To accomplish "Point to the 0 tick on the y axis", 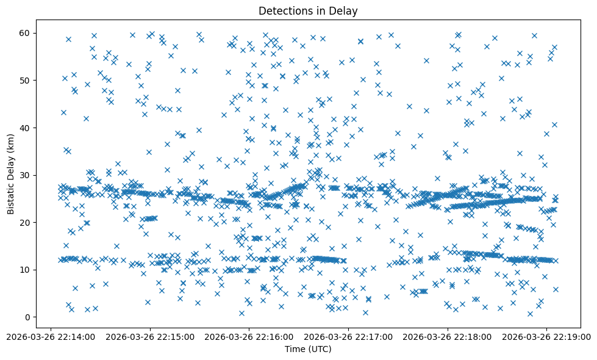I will coord(27,317).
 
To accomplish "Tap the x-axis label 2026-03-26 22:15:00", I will coord(150,336).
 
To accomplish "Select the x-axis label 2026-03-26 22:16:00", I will coord(249,336).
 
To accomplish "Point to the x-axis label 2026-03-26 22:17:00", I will coord(349,336).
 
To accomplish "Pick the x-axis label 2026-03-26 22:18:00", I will coord(448,336).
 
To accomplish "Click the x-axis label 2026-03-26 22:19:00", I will coord(546,336).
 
